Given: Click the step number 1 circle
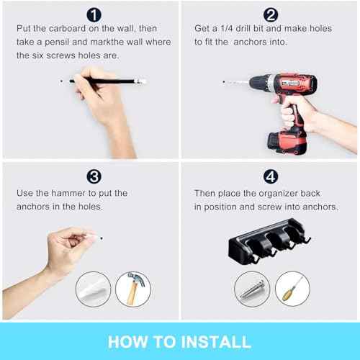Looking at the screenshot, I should point(94,14).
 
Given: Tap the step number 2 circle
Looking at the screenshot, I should point(270,14).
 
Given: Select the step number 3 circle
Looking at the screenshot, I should point(94,176).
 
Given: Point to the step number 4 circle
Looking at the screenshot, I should point(270,176).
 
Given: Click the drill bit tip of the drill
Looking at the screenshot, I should point(224,82).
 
